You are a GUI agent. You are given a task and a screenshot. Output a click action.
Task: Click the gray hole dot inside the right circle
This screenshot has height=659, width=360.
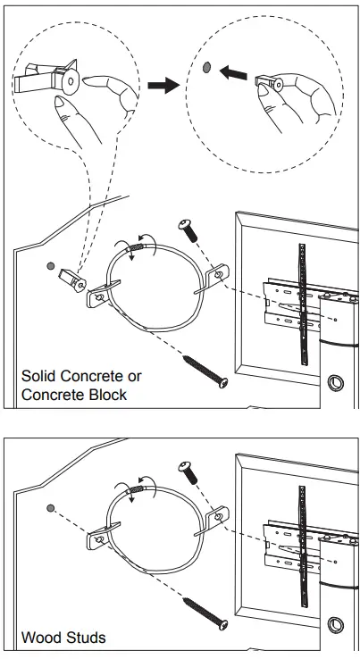[x=207, y=66]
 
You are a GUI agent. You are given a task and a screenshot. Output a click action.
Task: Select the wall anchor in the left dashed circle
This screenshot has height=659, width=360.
[x=48, y=79]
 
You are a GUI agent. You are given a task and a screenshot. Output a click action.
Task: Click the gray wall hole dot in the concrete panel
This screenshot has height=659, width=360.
[x=51, y=266]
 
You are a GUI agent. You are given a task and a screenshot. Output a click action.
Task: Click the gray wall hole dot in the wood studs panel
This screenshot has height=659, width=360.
[x=51, y=506]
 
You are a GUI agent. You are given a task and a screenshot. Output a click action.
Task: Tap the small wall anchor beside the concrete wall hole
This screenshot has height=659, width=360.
[x=73, y=279]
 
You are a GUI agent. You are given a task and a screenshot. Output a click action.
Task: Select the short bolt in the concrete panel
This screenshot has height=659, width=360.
[x=188, y=229]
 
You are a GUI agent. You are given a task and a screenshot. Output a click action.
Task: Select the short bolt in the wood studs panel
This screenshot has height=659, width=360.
[x=188, y=471]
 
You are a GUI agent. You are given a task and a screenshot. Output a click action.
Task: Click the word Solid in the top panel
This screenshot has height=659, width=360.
[x=39, y=376]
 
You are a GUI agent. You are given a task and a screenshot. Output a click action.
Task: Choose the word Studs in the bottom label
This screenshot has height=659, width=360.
[x=87, y=638]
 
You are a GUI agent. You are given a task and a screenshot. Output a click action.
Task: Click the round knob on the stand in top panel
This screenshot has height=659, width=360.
[x=337, y=383]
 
